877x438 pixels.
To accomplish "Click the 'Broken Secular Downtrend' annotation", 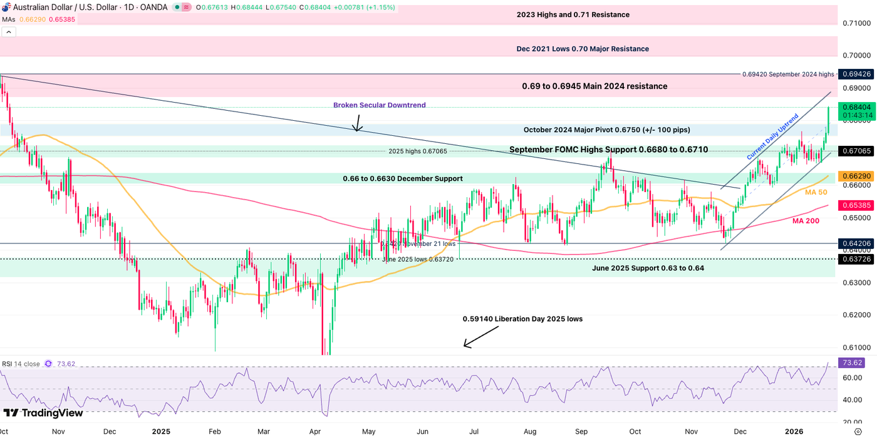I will point(380,105).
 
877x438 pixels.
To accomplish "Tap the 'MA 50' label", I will point(816,192).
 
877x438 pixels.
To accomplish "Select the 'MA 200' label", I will point(806,221).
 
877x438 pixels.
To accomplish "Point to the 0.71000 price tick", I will point(857,23).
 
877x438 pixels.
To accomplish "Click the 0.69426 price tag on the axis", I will point(857,74).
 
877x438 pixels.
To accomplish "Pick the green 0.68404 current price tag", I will point(857,108).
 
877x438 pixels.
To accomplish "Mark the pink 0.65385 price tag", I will point(857,205).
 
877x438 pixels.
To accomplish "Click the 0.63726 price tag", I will point(857,258).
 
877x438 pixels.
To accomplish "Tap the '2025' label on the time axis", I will point(161,432).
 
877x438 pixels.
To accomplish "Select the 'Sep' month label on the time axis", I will point(582,432).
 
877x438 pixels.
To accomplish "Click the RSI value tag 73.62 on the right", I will point(857,363).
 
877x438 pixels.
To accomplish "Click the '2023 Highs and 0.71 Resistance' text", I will point(573,14).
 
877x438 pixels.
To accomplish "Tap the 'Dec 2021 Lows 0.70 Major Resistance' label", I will point(583,49).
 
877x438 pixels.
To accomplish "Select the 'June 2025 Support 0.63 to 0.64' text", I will point(648,268).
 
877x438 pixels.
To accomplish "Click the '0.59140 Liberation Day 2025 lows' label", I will point(522,319).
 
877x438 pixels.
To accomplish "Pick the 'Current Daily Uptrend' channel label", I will point(772,136).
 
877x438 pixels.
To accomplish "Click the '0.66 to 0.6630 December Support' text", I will point(402,179).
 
